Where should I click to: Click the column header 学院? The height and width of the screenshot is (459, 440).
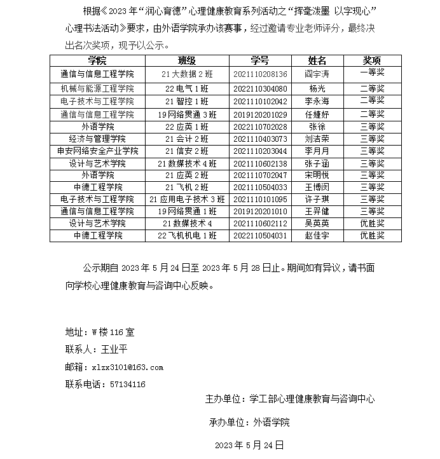(97, 60)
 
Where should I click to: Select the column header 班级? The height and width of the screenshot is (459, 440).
(187, 60)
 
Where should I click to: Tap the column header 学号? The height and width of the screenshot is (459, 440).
(260, 60)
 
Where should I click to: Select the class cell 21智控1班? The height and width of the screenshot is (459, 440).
(187, 101)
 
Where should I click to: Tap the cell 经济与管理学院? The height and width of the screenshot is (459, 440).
(97, 139)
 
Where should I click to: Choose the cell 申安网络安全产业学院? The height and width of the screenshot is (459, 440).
(97, 151)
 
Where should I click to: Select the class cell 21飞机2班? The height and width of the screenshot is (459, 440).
(187, 187)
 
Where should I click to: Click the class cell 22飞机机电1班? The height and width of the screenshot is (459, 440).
(187, 235)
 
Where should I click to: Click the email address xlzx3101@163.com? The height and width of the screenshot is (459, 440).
(127, 367)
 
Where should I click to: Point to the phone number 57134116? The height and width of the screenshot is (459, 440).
(128, 384)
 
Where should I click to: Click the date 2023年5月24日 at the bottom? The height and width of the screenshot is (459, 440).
(249, 444)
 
